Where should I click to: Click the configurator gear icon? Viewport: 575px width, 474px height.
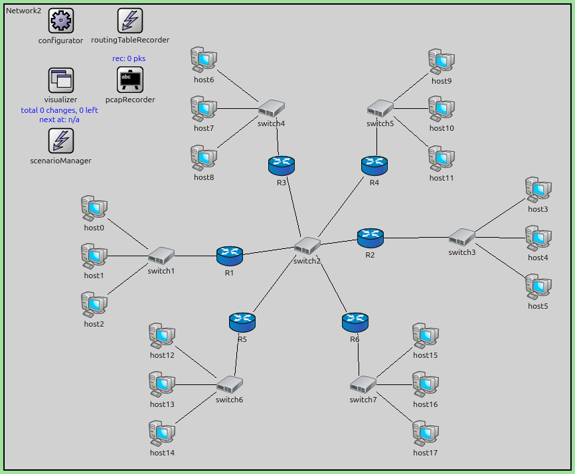[61, 21]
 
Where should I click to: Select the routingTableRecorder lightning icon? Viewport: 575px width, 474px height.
[130, 21]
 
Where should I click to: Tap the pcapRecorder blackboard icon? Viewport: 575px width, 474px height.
[130, 80]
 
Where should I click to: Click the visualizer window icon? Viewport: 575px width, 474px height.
[61, 80]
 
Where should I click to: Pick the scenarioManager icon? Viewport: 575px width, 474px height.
[61, 141]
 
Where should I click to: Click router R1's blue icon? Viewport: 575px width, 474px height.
[230, 255]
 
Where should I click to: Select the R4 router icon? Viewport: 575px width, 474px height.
[374, 165]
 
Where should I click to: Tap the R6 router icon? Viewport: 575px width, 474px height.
[355, 322]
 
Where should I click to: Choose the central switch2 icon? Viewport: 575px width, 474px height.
[307, 246]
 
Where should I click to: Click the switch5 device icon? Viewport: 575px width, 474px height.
[380, 108]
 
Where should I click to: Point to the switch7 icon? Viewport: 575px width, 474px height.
[363, 384]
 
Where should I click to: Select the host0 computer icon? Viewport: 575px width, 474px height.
[94, 208]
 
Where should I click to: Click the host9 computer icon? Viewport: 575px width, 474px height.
[442, 62]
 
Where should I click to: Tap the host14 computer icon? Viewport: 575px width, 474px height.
[162, 434]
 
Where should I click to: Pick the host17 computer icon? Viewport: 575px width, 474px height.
[426, 434]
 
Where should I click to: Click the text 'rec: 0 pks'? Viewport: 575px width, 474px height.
[129, 58]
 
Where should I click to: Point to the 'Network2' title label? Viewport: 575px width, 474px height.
[23, 11]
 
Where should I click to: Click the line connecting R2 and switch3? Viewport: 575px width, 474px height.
[416, 237]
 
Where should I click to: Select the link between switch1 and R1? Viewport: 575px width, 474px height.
[195, 256]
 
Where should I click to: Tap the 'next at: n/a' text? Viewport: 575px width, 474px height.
[60, 119]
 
